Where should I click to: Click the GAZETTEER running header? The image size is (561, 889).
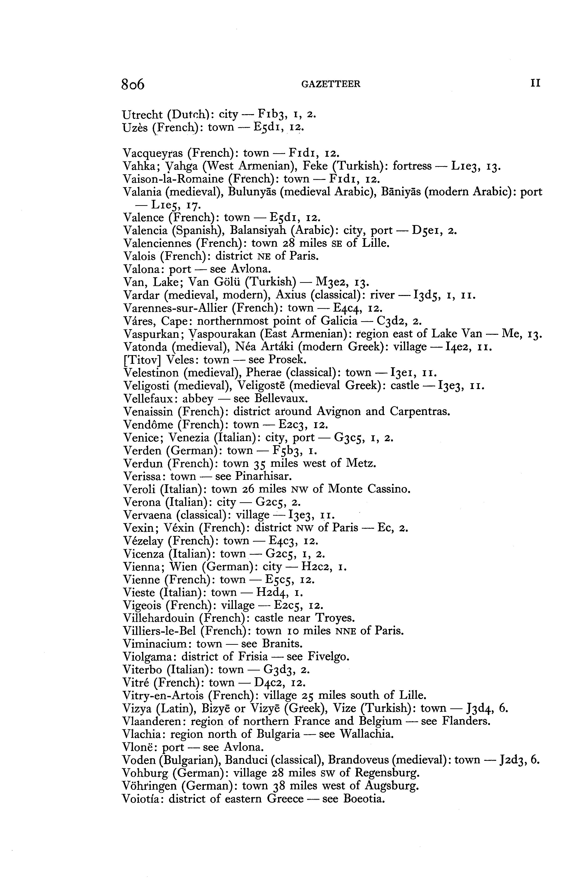pyautogui.click(x=331, y=84)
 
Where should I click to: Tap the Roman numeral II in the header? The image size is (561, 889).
pyautogui.click(x=535, y=83)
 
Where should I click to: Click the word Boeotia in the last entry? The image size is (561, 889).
pyautogui.click(x=364, y=799)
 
